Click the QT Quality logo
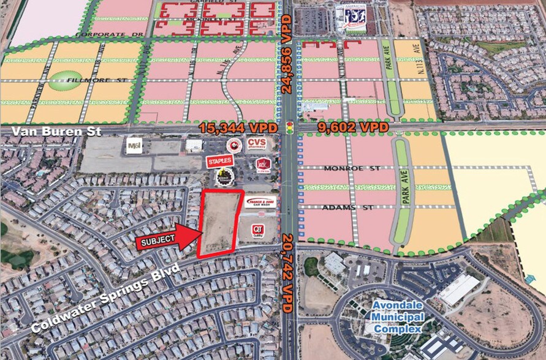259,231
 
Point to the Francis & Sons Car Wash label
260,201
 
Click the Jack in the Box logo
262,165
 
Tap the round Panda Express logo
233,144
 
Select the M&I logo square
134,146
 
